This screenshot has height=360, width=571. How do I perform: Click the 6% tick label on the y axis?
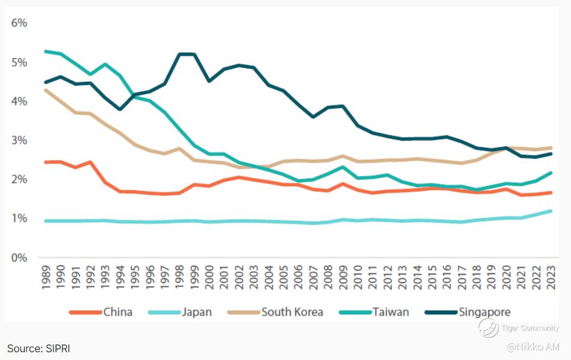(x=19, y=23)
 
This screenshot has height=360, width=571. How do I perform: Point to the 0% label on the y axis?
(x=19, y=257)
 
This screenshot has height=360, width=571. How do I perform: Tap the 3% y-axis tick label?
(x=19, y=140)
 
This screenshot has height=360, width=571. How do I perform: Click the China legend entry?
(x=118, y=312)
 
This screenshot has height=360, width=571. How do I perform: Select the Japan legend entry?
(x=197, y=312)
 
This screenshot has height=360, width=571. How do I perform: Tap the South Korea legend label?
(x=292, y=312)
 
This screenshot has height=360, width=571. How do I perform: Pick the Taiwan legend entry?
(x=390, y=312)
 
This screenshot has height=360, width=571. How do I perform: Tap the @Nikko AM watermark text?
(x=533, y=347)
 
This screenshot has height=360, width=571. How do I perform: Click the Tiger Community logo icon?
(x=488, y=328)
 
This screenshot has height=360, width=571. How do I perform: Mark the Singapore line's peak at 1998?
(x=180, y=54)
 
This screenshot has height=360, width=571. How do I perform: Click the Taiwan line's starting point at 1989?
(x=46, y=52)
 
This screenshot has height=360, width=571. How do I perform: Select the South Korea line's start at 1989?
(x=46, y=90)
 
